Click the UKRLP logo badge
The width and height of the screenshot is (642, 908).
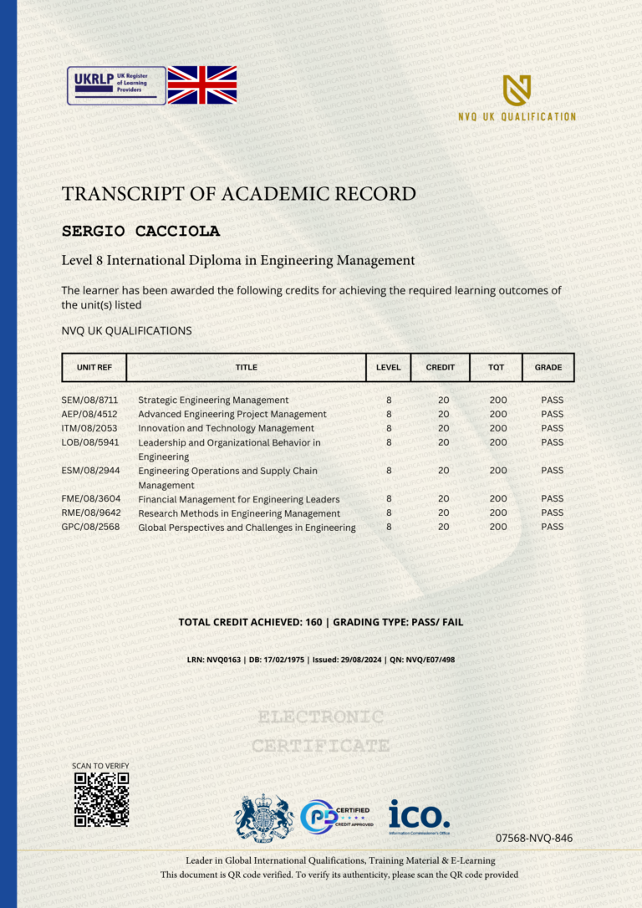116,85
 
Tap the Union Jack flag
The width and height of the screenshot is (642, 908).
202,85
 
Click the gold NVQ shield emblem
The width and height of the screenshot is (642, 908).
517,90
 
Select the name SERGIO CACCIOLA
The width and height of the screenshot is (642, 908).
140,231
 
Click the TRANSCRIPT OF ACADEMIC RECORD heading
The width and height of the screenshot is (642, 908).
238,194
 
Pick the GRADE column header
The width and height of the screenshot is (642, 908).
548,367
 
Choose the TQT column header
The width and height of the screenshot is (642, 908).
496,367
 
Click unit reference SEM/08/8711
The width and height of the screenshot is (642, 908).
89,400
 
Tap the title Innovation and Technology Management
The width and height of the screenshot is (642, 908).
226,428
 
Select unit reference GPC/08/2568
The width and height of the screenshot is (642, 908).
89,528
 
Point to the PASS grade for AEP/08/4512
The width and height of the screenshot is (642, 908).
552,414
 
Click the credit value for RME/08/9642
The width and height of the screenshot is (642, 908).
443,513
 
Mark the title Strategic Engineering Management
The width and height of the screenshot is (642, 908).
213,400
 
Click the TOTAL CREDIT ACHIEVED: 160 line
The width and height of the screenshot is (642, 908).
321,622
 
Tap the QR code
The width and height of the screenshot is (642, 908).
101,799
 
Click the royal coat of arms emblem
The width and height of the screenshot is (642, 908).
264,817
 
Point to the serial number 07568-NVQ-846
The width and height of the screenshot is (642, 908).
533,838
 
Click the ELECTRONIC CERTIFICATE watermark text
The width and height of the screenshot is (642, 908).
321,731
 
